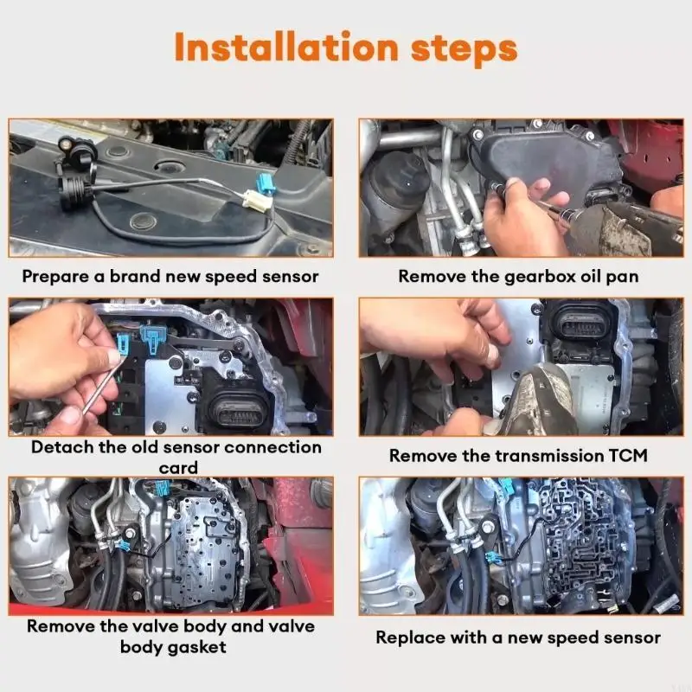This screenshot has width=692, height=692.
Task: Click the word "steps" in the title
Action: (x=468, y=49)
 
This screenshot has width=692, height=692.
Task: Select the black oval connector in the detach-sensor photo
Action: (x=234, y=407)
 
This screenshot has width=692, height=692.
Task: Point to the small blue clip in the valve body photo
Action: (x=125, y=544)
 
